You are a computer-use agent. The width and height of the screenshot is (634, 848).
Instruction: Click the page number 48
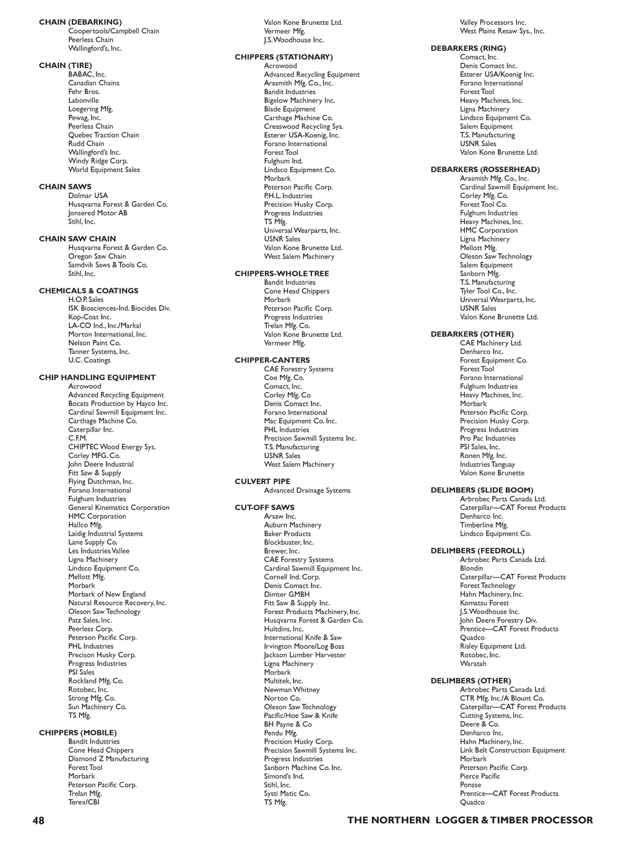(38, 821)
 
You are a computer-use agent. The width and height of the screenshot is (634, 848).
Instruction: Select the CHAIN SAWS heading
(65, 187)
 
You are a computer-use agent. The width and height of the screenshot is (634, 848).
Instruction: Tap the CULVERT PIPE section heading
(263, 482)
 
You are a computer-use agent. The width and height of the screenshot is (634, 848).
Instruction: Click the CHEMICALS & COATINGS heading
(89, 291)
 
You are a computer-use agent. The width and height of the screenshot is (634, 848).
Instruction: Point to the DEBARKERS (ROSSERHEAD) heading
(485, 170)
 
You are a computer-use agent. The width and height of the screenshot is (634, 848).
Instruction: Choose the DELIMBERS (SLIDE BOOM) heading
(482, 490)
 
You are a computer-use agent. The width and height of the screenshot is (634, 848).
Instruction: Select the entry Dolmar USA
(88, 196)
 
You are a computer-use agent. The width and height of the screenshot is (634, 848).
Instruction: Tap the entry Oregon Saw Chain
(97, 256)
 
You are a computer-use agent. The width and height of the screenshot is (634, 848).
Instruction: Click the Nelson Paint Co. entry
(95, 343)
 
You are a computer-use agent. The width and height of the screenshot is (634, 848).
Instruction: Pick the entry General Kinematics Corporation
(119, 508)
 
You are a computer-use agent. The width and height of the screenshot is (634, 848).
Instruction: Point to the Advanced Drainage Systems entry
(307, 490)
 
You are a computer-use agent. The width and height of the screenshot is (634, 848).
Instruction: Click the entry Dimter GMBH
(287, 594)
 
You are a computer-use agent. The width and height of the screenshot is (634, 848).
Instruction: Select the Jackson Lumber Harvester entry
(305, 655)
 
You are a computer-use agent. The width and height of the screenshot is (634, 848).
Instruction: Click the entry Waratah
(473, 664)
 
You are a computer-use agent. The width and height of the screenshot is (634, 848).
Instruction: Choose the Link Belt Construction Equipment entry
(513, 750)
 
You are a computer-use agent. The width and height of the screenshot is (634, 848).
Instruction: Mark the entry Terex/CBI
(84, 802)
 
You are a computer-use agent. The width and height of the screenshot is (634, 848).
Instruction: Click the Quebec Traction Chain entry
(103, 135)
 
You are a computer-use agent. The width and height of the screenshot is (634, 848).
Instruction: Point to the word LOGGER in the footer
(456, 821)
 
